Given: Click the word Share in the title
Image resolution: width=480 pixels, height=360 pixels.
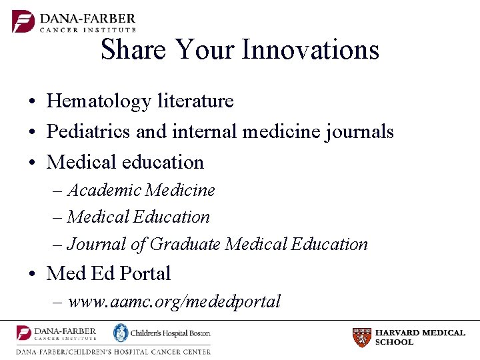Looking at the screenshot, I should [x=133, y=50].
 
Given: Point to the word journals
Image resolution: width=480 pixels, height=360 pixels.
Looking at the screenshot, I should [x=361, y=133].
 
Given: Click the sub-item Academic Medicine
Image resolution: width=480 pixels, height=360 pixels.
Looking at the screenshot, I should [x=141, y=190].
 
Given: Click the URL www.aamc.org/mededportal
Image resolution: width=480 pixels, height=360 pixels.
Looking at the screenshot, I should [x=174, y=301].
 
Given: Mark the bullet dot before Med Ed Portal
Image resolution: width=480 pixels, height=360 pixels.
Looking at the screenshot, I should [x=32, y=274].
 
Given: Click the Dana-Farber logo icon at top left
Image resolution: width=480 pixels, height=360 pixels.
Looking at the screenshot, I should [x=23, y=21].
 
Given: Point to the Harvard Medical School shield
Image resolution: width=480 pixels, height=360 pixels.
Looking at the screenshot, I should [x=362, y=337].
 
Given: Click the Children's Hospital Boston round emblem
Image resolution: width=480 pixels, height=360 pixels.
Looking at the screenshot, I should [x=121, y=333].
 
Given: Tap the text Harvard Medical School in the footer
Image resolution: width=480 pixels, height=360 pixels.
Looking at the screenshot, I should [x=420, y=337].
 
